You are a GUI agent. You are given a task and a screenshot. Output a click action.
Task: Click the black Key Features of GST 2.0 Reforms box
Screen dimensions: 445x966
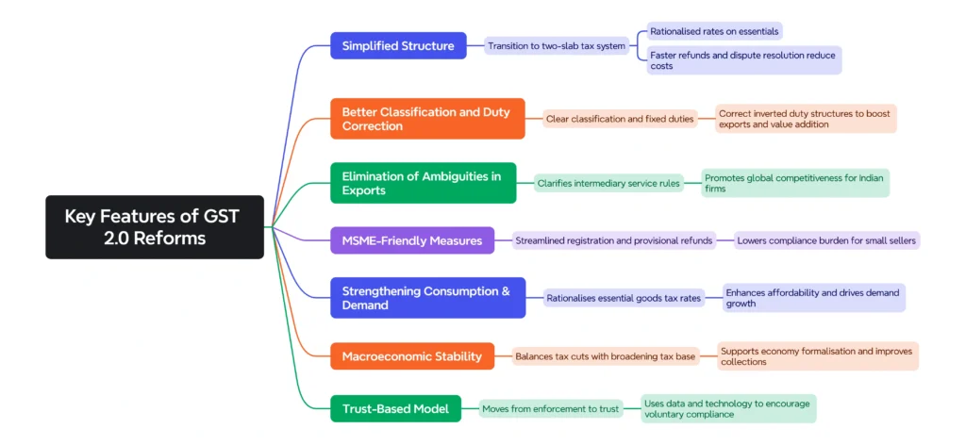(155, 226)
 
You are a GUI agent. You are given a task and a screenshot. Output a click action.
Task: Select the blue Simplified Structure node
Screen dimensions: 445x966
(398, 45)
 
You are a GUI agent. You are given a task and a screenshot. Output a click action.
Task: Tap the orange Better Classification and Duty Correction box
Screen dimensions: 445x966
(427, 119)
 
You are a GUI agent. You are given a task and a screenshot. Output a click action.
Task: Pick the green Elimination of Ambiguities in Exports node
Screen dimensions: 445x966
(423, 183)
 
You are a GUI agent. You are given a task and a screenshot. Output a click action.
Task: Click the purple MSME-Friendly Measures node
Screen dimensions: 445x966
(411, 240)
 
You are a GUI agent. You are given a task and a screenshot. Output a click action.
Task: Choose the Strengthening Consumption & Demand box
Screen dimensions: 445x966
(427, 298)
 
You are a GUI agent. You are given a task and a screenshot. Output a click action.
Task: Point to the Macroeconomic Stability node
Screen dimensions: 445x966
(411, 356)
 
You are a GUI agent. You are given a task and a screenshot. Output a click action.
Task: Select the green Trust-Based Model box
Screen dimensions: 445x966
(395, 408)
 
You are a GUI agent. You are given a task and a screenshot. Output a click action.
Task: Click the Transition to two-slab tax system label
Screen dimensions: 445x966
(557, 45)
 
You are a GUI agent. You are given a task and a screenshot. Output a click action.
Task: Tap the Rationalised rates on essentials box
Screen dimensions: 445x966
(714, 31)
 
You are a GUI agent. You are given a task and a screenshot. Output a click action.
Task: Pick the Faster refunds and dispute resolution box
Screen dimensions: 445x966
(742, 60)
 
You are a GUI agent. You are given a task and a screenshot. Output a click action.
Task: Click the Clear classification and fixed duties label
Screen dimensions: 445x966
(620, 119)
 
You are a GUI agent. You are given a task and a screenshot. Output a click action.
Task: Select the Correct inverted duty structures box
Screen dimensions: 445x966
(805, 119)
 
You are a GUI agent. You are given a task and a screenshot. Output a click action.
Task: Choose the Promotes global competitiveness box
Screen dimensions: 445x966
(795, 183)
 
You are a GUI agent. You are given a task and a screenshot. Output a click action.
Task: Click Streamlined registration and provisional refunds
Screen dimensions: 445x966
(614, 240)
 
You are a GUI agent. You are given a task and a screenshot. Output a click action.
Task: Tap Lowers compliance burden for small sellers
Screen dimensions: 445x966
(826, 240)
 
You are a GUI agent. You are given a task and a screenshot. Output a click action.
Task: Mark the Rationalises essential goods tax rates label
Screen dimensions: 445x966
(624, 298)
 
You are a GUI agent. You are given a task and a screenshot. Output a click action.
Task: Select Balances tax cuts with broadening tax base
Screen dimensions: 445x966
(605, 356)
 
